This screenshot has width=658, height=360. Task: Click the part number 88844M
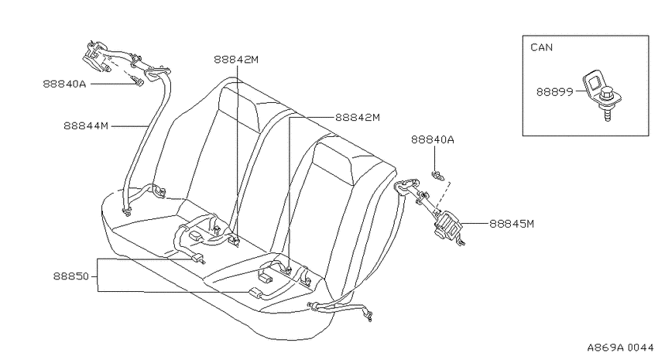(86, 125)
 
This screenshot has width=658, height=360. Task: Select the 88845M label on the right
(512, 224)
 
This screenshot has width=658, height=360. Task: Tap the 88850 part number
(71, 276)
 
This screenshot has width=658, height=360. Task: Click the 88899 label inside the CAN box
(554, 92)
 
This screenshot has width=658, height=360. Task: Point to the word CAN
(541, 47)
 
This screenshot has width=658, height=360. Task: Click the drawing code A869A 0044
(620, 348)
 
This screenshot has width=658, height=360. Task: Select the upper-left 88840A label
(64, 84)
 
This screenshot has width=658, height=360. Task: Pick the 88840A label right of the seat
(432, 139)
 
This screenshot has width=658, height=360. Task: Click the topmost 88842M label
(236, 60)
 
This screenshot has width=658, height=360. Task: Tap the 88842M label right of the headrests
(357, 118)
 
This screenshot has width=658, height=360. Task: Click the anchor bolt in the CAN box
(607, 104)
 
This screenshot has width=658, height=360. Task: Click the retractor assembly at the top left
(96, 56)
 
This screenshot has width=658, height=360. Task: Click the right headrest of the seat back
(336, 163)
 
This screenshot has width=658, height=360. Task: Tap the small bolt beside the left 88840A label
(138, 81)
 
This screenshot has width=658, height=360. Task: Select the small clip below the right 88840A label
(437, 176)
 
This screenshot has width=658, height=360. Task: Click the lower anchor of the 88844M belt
(126, 211)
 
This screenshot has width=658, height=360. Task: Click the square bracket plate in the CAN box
(591, 84)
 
